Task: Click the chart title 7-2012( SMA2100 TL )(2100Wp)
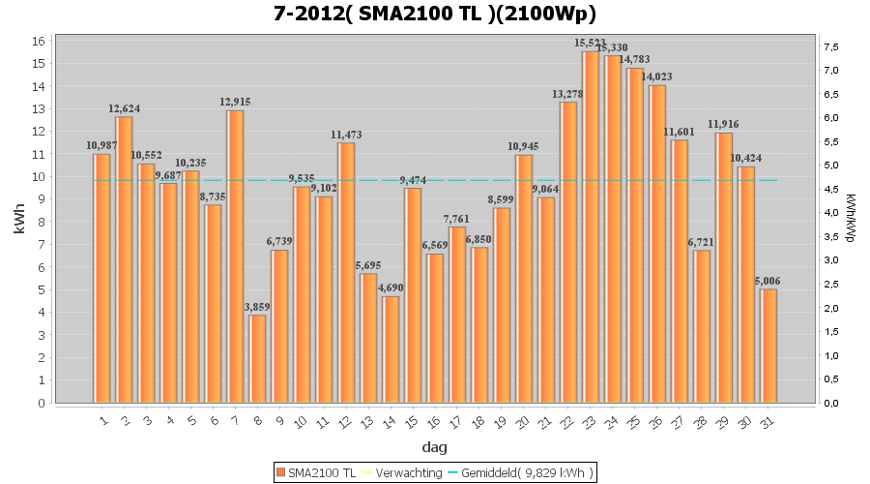point(435,14)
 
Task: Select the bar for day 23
point(591,227)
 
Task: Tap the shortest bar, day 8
point(257,358)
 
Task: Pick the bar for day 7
point(235,257)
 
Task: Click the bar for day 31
point(768,346)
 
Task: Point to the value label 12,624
point(124,108)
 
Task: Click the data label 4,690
point(391,287)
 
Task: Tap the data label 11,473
point(346,134)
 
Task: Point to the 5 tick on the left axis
point(42,289)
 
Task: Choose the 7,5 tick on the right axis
point(829,46)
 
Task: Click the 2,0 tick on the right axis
point(829,308)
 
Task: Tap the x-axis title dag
point(435,447)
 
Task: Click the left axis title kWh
point(19,222)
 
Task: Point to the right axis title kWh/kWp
point(850,218)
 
